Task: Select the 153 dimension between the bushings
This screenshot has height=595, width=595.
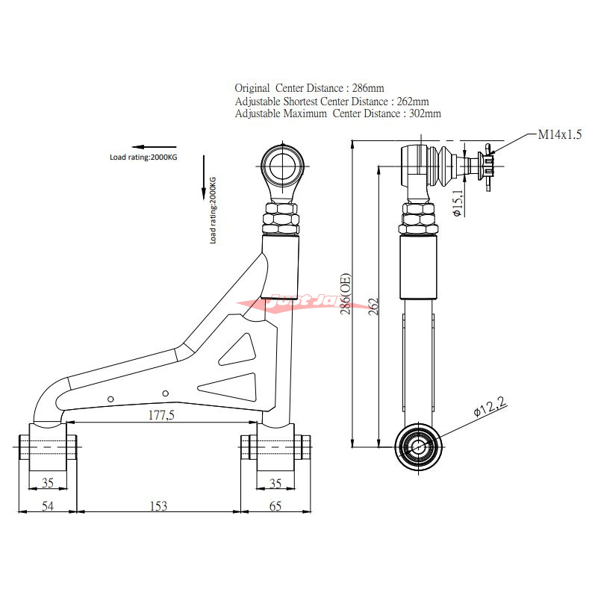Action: pyautogui.click(x=158, y=505)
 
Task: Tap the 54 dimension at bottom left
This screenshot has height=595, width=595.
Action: pyautogui.click(x=46, y=505)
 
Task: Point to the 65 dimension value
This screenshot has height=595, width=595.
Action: pyautogui.click(x=274, y=505)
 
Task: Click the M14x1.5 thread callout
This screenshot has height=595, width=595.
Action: pyautogui.click(x=559, y=135)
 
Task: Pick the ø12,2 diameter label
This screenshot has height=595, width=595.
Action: pyautogui.click(x=490, y=408)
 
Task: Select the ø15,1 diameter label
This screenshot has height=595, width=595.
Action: pyautogui.click(x=458, y=202)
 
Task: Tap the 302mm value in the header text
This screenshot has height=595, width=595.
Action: pyautogui.click(x=423, y=114)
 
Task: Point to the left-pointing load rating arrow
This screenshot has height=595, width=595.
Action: pyautogui.click(x=153, y=146)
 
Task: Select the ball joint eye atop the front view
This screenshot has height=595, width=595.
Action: pyautogui.click(x=282, y=165)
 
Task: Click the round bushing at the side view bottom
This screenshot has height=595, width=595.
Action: pyautogui.click(x=417, y=447)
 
